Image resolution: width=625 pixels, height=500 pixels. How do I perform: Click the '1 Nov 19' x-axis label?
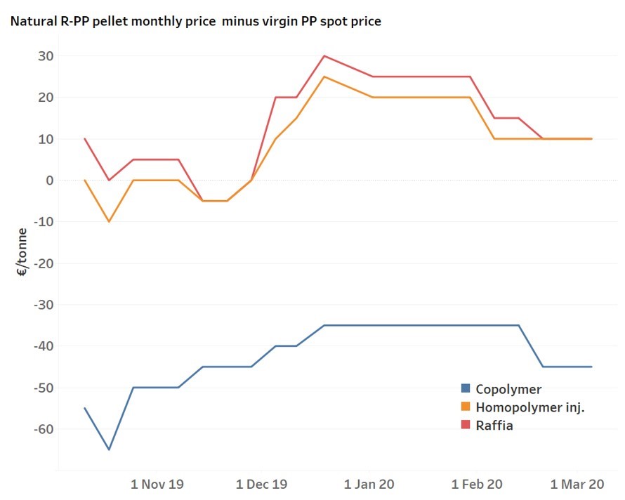point(158,484)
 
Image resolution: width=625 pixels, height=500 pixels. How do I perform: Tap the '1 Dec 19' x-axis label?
point(261,484)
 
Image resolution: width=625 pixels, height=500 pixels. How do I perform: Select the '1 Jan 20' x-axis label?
point(369,484)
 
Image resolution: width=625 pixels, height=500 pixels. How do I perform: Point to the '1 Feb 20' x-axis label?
point(477,484)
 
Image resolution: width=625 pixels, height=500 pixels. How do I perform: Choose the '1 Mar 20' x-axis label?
point(578,484)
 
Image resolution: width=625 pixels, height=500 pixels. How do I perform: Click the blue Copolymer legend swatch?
point(465,388)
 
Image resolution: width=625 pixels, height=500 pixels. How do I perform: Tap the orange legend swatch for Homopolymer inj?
point(465,407)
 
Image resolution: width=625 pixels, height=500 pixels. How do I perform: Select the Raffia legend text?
point(494,425)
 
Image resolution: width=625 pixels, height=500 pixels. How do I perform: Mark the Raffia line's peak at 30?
point(324,55)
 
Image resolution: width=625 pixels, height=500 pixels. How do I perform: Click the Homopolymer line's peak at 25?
point(324,77)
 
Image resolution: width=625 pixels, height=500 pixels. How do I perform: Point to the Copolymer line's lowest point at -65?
point(109,449)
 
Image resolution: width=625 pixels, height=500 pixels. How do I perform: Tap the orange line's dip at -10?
point(109,222)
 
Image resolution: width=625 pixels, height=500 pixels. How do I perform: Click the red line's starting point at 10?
point(85,139)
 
